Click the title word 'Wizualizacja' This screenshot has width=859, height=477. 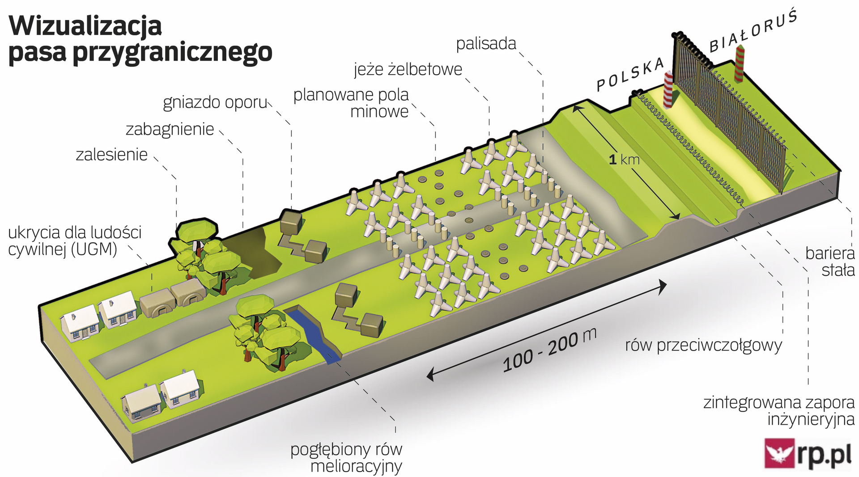(85, 26)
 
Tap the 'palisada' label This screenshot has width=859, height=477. (486, 44)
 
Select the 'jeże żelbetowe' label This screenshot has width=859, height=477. (408, 69)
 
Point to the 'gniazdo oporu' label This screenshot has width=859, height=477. (215, 102)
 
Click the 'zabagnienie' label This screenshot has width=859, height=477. (170, 129)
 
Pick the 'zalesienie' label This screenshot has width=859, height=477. (111, 155)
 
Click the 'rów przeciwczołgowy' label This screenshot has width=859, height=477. (703, 345)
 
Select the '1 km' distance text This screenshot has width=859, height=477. (624, 160)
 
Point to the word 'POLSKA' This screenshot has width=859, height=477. (630, 74)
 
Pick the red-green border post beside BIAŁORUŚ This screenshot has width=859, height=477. (739, 63)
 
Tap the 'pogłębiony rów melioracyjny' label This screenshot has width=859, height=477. (346, 457)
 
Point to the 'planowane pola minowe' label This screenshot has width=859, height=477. (351, 103)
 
